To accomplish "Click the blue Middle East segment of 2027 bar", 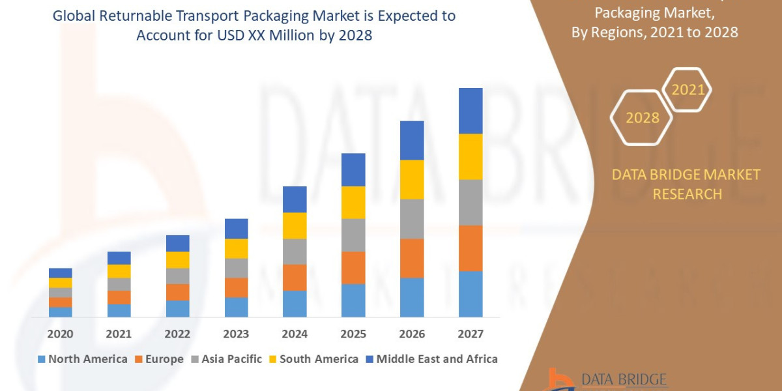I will [x=471, y=111].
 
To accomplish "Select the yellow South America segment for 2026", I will [x=412, y=179].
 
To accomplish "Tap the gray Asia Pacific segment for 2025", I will [x=353, y=235].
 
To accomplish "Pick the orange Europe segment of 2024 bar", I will [x=295, y=277].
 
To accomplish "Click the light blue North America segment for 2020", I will [x=61, y=311].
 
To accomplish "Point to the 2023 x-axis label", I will [x=236, y=334].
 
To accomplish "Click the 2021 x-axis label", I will [x=119, y=334].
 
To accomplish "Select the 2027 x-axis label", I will [x=471, y=334].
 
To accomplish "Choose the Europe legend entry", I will [x=160, y=359].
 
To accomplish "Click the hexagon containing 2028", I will [x=641, y=118].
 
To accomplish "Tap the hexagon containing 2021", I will [x=687, y=90].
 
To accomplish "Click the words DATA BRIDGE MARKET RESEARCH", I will [x=686, y=184].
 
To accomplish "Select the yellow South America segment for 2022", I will [x=177, y=259].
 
